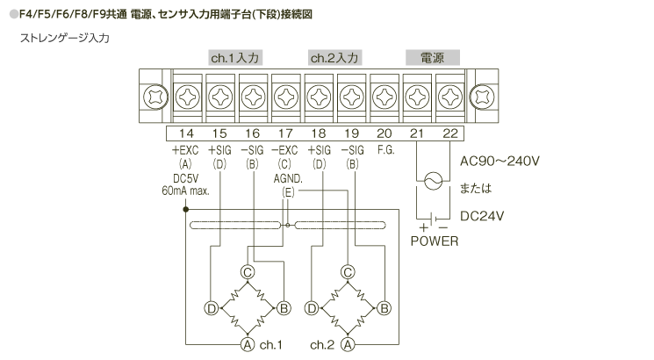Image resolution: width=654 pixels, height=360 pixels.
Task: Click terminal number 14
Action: coord(186,133)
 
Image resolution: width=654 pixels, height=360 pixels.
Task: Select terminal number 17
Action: coord(284,133)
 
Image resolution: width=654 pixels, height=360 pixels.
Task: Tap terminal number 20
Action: coord(384,133)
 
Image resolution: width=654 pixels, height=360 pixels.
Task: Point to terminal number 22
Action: coord(449,133)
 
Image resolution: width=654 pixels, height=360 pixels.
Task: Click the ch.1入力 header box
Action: coord(236,58)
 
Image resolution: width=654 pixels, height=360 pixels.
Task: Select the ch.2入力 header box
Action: coord(334,58)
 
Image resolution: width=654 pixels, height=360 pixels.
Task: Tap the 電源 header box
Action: coord(432,58)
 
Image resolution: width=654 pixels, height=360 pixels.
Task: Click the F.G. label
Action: coord(384,150)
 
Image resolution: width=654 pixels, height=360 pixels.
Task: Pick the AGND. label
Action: coord(287,178)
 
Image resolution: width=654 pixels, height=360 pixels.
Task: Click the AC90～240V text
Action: coord(499,162)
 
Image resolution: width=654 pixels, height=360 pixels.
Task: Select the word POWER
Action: coord(435,240)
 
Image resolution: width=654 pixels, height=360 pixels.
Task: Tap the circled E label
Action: coord(287,191)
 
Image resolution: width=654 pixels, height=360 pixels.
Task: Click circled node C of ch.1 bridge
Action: coord(248,272)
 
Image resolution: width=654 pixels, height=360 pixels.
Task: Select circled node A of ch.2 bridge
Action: coord(349,344)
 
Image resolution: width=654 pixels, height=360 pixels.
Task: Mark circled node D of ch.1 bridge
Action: coord(212,308)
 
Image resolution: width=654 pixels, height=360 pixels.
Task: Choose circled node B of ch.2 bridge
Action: coord(384,308)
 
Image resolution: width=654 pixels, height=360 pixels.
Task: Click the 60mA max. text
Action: coord(186,191)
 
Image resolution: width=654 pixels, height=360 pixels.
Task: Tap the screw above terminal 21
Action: coord(417,94)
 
